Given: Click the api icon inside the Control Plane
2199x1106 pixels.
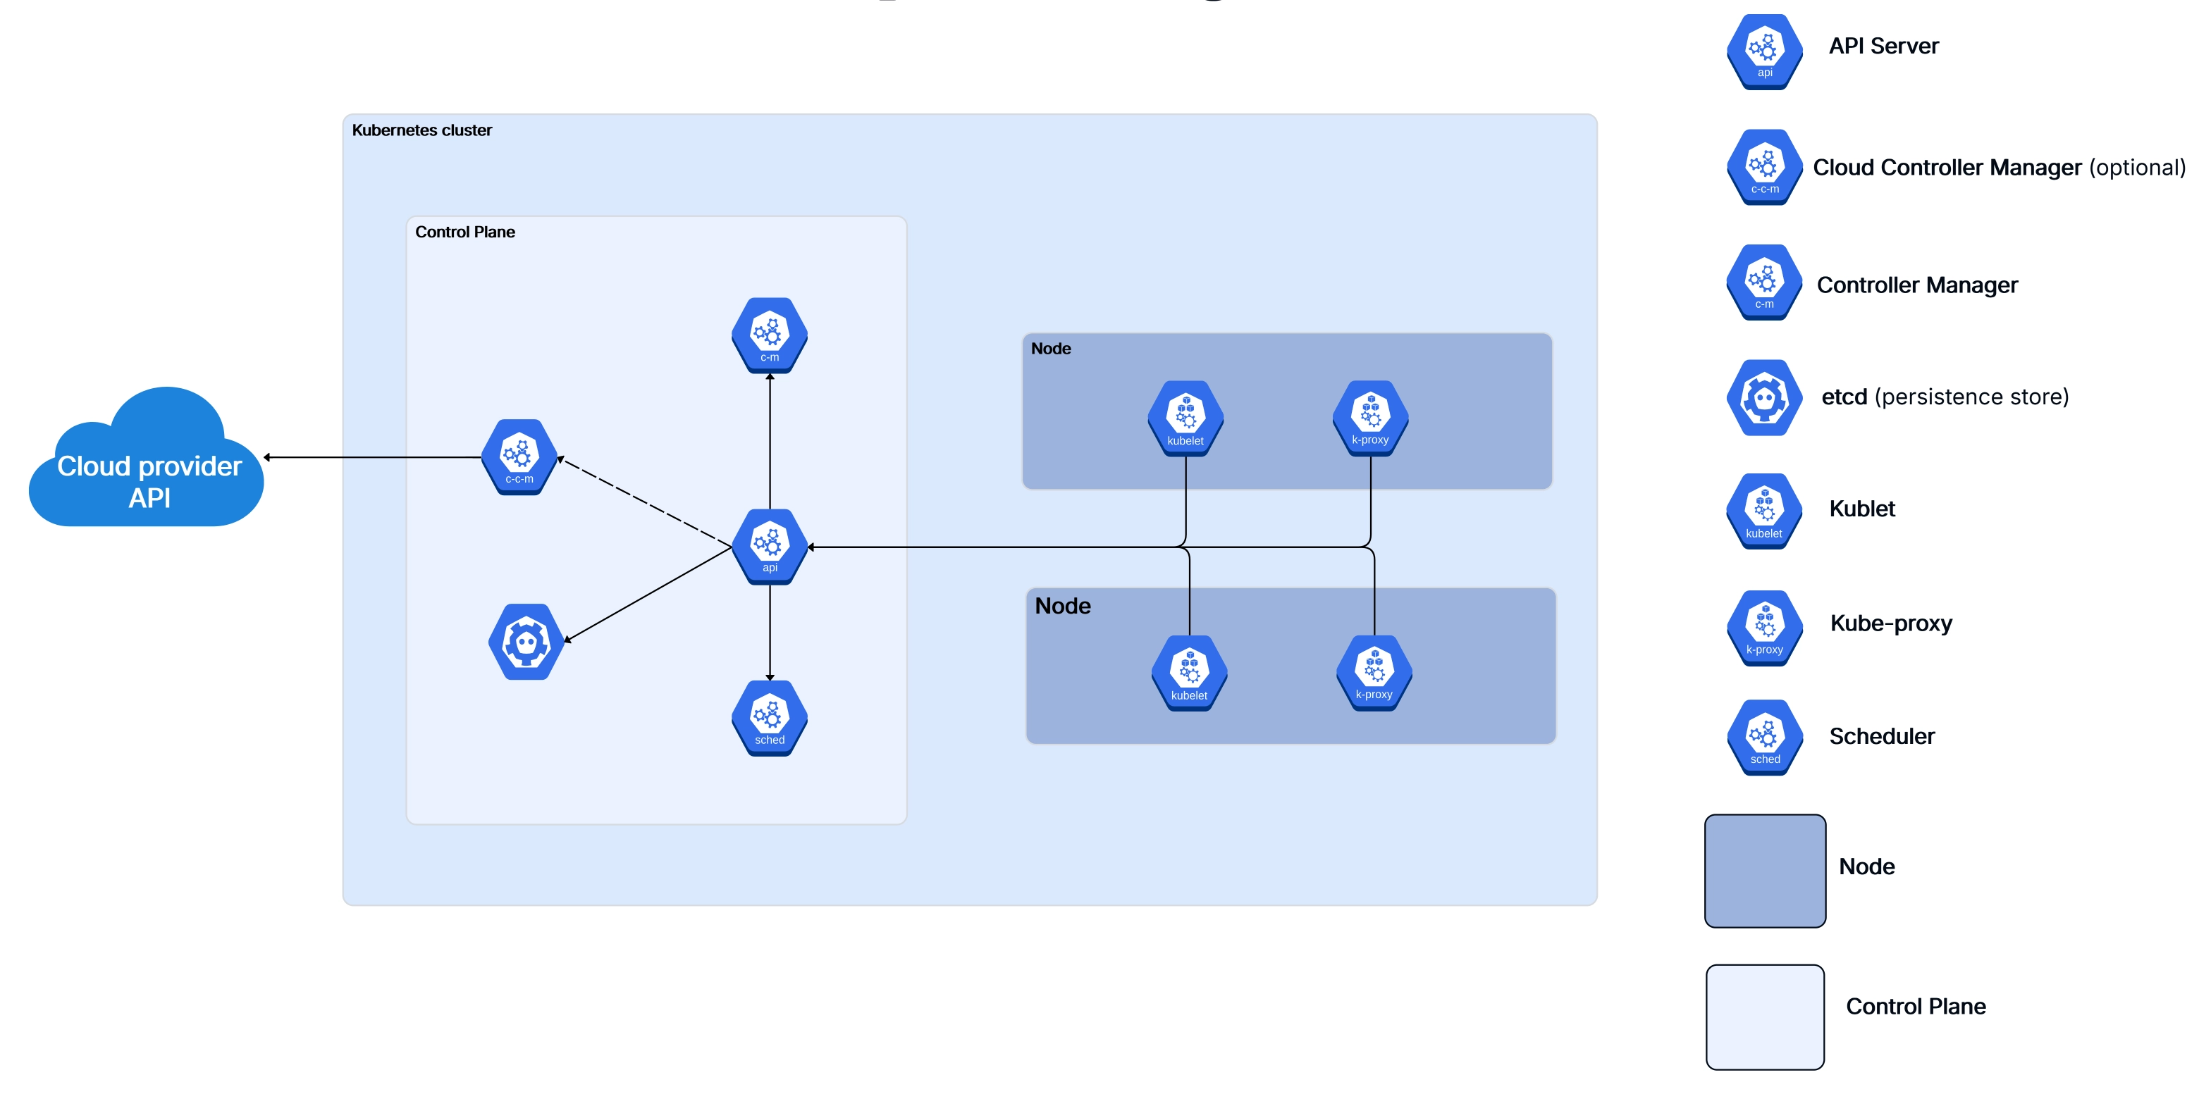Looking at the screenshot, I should [x=769, y=546].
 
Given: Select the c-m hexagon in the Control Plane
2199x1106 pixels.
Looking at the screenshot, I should [x=769, y=335].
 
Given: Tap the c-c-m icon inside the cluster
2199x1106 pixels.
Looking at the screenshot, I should [x=519, y=456].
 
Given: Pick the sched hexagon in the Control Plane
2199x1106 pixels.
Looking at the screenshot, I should [x=769, y=718].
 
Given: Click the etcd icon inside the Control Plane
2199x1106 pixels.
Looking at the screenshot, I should [x=526, y=642].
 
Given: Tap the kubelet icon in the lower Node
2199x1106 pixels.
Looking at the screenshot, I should [x=1189, y=673].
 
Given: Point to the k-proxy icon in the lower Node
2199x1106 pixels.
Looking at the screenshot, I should [x=1374, y=673].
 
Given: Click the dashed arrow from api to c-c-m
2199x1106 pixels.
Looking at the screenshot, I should [x=646, y=502].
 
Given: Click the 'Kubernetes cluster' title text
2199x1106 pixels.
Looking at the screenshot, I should [x=421, y=130].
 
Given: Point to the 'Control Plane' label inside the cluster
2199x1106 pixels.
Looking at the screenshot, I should [x=464, y=232].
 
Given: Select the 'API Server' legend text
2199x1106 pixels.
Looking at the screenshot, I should [x=1883, y=46].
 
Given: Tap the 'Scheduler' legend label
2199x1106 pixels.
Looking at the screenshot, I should [x=1881, y=735].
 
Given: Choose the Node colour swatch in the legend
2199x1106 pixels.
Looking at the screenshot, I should [x=1765, y=871].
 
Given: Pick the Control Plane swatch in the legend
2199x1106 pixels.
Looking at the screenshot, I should [x=1765, y=1017].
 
